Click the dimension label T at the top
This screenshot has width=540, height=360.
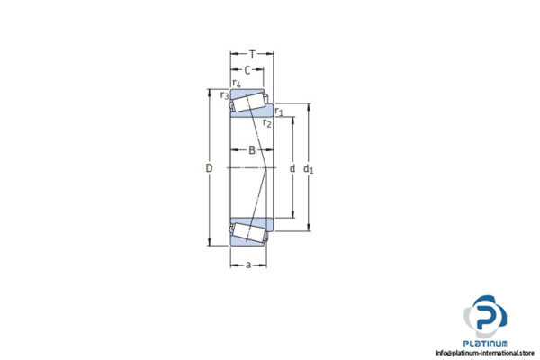click(252, 54)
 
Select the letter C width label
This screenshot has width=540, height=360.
click(246, 70)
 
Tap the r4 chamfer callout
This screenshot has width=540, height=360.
click(236, 84)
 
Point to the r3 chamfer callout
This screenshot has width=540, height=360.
click(224, 94)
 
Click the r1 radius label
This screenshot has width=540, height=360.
click(279, 112)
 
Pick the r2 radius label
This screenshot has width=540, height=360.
click(267, 122)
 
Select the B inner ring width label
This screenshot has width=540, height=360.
click(252, 150)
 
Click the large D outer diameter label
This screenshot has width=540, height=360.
click(209, 169)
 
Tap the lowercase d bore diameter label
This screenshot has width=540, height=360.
click(292, 169)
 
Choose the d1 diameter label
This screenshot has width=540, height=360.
click(309, 169)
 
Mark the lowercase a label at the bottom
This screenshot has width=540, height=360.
click(248, 265)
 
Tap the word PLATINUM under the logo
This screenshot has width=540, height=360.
click(486, 344)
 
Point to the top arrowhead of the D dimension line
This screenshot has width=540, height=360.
click(210, 94)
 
